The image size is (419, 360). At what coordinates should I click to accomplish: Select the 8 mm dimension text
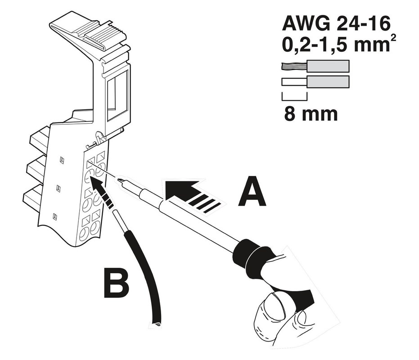pyautogui.click(x=311, y=114)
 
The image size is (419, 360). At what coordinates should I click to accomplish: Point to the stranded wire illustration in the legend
pyautogui.click(x=315, y=67)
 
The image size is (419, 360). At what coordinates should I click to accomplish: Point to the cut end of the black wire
pyautogui.click(x=156, y=323)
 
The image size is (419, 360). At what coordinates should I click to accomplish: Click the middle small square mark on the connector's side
pyautogui.click(x=58, y=189)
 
